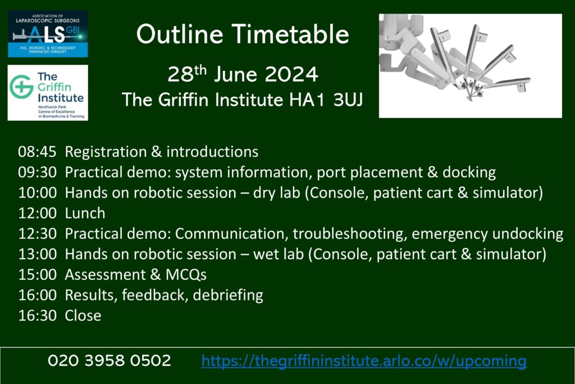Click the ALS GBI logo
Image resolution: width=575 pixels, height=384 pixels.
point(48,34)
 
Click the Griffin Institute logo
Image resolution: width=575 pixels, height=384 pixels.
point(48,93)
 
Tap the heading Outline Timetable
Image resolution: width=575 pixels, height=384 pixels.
point(243,34)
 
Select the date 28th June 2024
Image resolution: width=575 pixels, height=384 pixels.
point(243,74)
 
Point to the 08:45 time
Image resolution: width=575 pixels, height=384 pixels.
point(37,152)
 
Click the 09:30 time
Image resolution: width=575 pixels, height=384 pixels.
point(37,173)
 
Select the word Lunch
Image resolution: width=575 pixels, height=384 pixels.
point(85,213)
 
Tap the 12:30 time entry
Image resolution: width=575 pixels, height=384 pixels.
point(37,234)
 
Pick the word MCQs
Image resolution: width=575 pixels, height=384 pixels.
point(186,275)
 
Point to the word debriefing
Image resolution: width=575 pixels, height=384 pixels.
point(228,296)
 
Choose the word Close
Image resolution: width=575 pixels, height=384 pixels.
point(83,316)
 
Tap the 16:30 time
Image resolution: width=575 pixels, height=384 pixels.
point(37,316)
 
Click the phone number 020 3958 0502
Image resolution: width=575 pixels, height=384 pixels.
point(109,360)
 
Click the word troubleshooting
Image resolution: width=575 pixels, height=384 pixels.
point(350,234)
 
